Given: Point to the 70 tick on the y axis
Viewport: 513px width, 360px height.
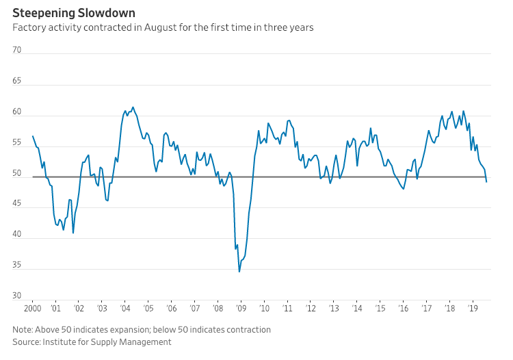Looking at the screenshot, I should point(18,50).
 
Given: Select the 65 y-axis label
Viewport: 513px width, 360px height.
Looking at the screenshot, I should point(18,81).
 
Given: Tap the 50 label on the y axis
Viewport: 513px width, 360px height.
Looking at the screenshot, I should point(18,173).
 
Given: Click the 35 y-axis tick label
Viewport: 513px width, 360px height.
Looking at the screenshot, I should point(18,266).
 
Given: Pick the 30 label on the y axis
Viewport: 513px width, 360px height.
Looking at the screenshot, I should point(18,296).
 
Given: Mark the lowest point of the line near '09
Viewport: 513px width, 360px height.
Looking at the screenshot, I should point(239,272).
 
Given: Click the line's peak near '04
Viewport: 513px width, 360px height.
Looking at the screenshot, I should point(133,107).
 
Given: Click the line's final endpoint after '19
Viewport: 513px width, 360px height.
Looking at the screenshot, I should point(486,181).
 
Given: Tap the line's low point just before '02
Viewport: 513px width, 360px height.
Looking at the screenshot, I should point(73,233).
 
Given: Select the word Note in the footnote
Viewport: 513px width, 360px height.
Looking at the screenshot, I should point(23,329).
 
